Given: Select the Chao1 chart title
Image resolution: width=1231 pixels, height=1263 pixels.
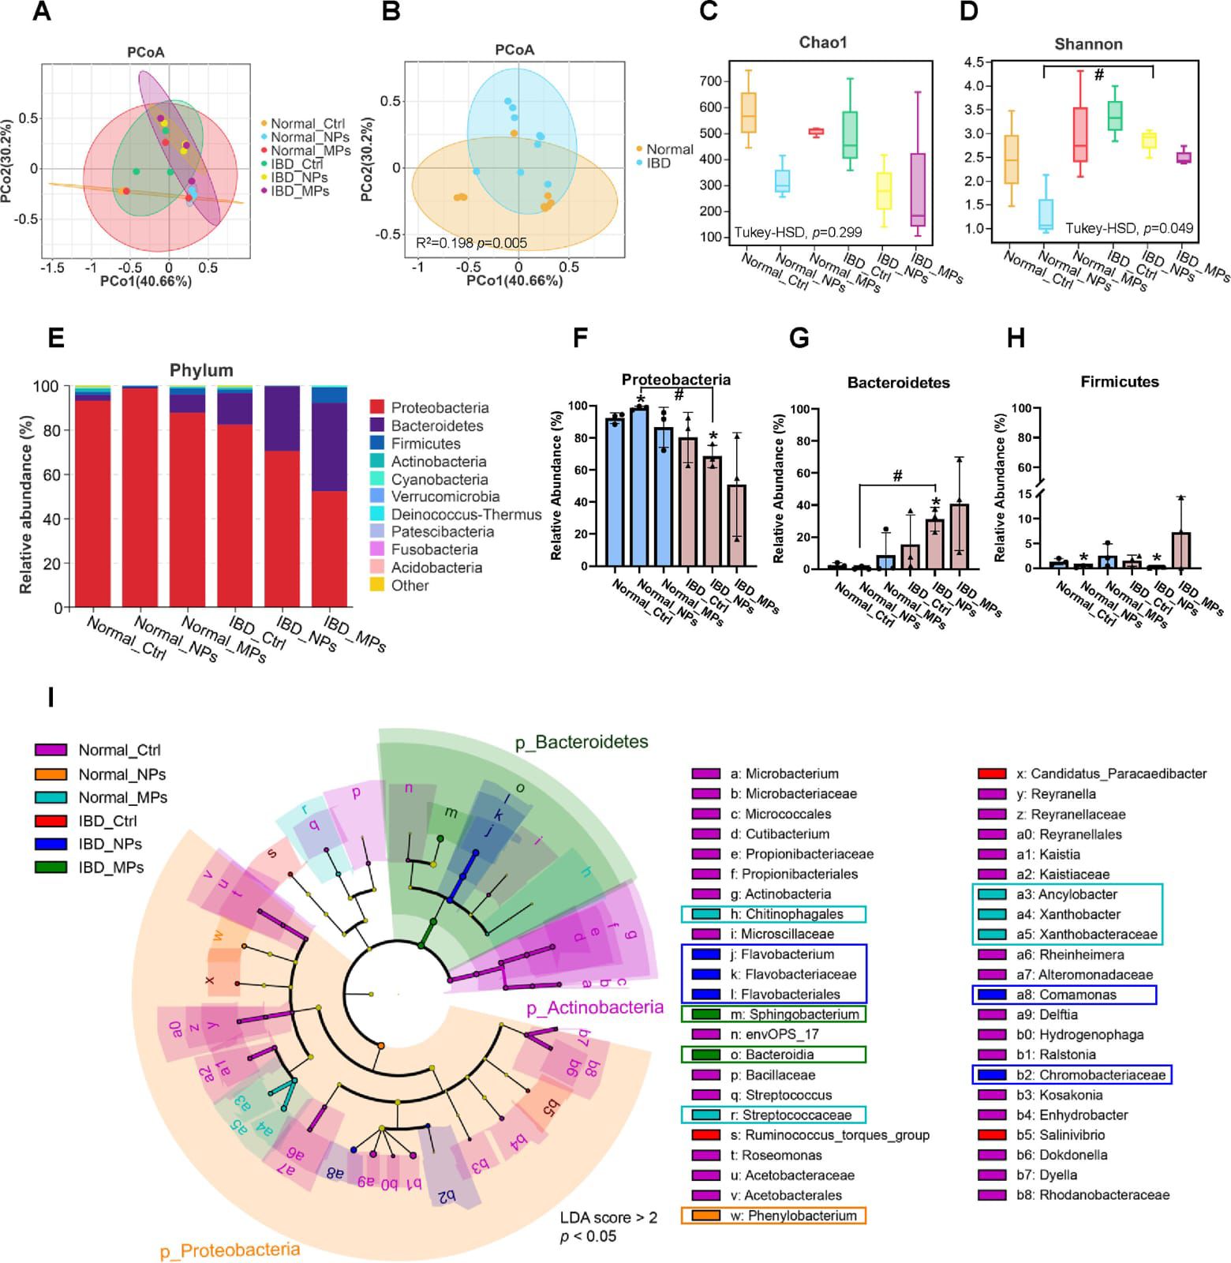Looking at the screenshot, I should point(822,43).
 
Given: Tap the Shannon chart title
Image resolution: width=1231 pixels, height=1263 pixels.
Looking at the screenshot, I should point(1088,44).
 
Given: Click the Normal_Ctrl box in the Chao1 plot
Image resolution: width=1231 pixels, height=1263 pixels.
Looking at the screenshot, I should point(747,113).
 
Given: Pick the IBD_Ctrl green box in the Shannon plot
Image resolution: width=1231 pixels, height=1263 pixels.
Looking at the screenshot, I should point(1115,115).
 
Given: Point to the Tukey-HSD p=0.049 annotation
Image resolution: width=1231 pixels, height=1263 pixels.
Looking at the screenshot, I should point(1129,228).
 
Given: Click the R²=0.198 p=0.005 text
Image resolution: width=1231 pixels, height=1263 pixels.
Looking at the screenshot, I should point(471,243).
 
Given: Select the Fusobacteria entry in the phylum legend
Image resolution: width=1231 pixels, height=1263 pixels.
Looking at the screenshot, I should point(434,549).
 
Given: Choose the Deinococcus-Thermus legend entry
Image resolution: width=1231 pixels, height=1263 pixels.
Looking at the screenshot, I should point(466,514).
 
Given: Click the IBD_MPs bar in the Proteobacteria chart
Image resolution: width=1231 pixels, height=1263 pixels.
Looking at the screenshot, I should point(736,526).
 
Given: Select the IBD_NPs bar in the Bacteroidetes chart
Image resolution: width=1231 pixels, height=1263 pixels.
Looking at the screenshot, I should point(934,544).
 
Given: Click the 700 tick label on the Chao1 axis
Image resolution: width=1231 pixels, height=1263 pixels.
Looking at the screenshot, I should point(710,81).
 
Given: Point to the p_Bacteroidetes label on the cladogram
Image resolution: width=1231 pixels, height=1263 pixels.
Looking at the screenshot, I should point(582,742).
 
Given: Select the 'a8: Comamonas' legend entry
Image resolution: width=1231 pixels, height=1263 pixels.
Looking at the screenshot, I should point(1064,995).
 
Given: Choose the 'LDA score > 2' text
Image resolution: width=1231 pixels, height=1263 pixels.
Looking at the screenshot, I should point(608,1217).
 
